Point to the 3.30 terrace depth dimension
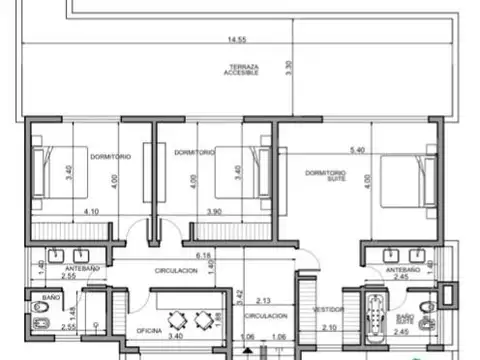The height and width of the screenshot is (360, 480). pyautogui.click(x=289, y=67)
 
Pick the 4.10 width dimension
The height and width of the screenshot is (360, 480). pyautogui.click(x=91, y=211)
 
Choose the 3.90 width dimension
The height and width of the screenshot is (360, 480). pyautogui.click(x=213, y=211)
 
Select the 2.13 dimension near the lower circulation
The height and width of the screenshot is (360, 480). pyautogui.click(x=264, y=300)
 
